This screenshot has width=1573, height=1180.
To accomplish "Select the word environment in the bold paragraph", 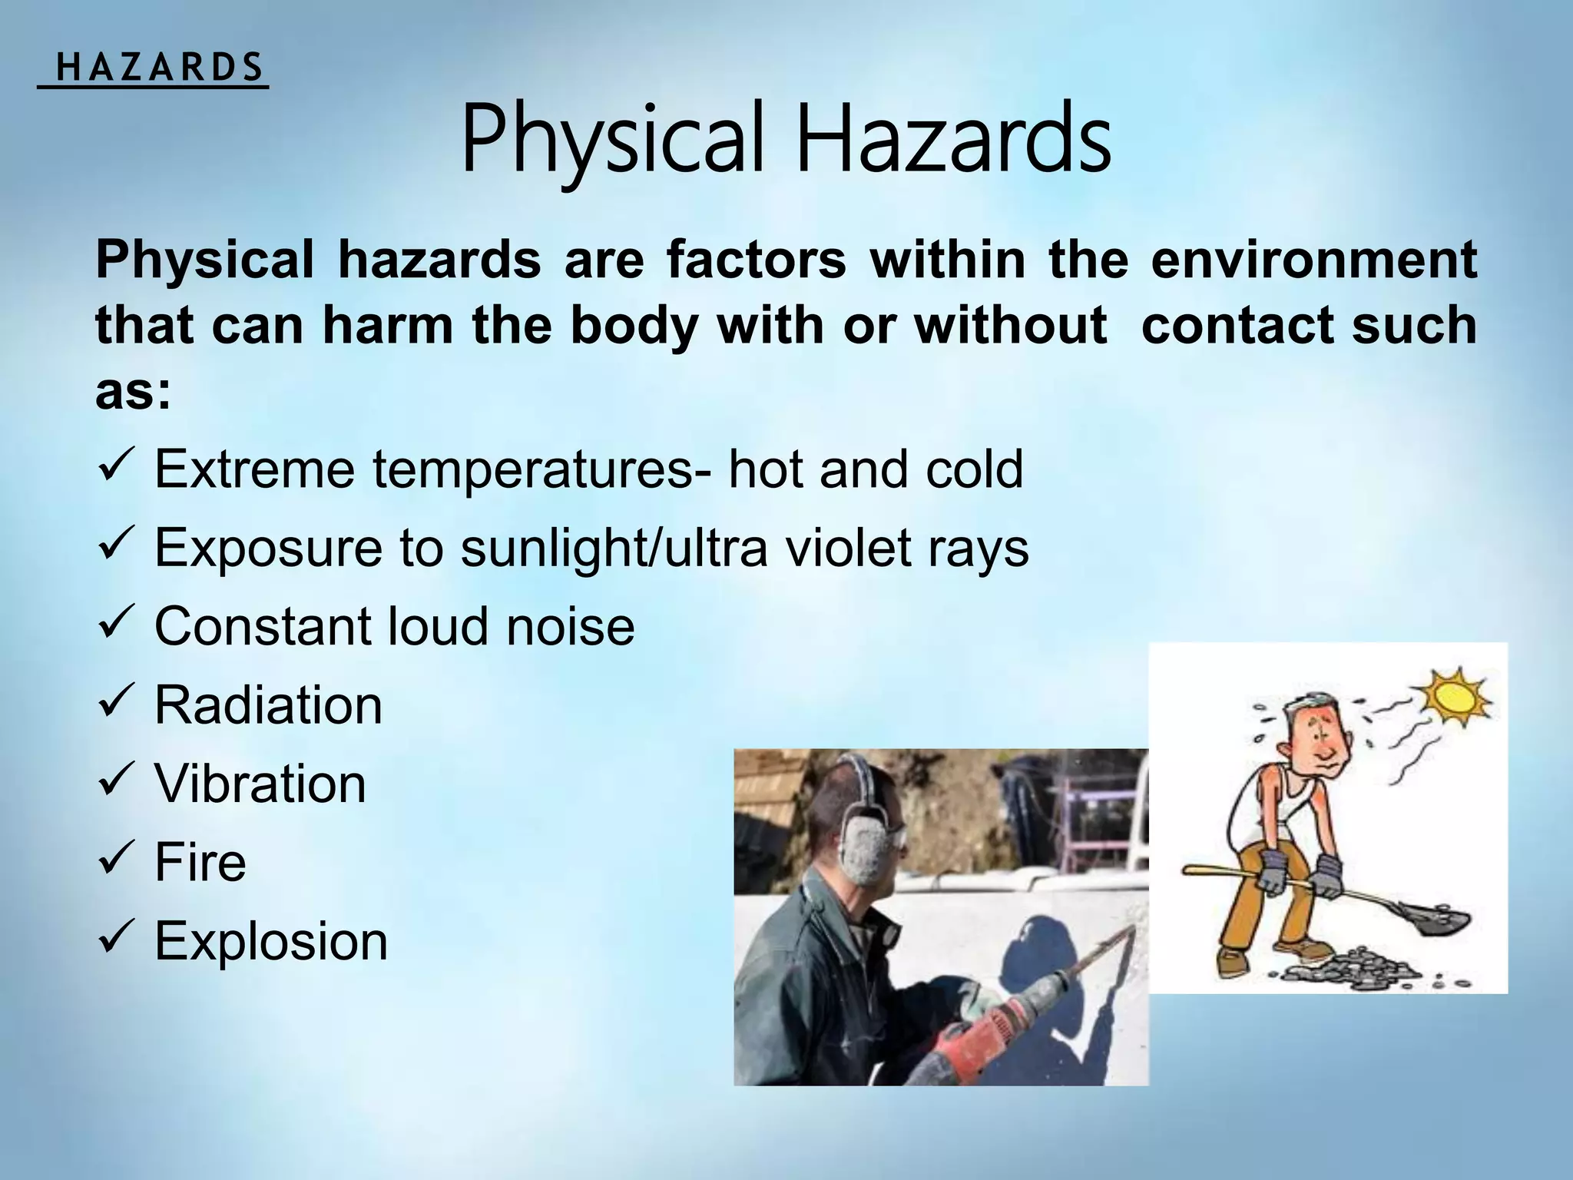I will point(1313,260).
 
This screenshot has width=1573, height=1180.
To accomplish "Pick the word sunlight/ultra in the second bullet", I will point(614,548).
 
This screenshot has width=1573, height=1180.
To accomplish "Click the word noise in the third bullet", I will point(570,626).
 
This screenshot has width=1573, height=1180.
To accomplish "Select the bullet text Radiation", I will point(268,705).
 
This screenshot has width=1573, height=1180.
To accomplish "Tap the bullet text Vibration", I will point(260,784).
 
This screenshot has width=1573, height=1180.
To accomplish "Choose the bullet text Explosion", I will point(271,941).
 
